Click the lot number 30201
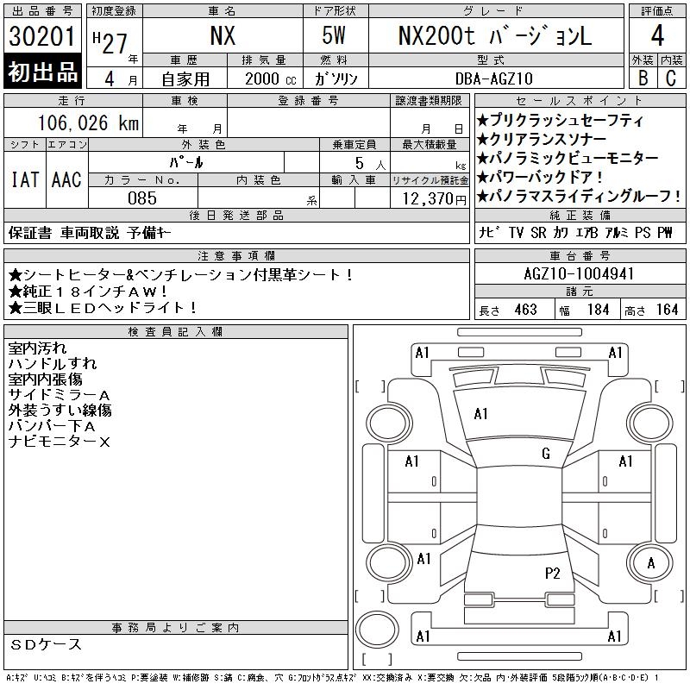(x=42, y=36)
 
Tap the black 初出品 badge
(x=42, y=71)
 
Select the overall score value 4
(x=657, y=35)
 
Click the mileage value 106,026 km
(x=88, y=122)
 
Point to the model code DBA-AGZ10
(x=494, y=78)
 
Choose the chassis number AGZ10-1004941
(x=579, y=273)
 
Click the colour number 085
(x=142, y=198)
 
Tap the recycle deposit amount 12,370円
(x=435, y=199)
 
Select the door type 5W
(x=334, y=35)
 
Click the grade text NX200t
(x=436, y=35)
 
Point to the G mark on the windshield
(x=546, y=454)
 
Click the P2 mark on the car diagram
(x=552, y=574)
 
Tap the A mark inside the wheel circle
(x=651, y=563)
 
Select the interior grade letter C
(x=671, y=78)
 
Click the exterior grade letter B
(x=643, y=78)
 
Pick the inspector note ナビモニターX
(x=59, y=442)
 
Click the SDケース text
(x=46, y=644)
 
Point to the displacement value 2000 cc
(x=271, y=79)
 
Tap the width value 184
(x=598, y=310)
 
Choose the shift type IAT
(x=25, y=179)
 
